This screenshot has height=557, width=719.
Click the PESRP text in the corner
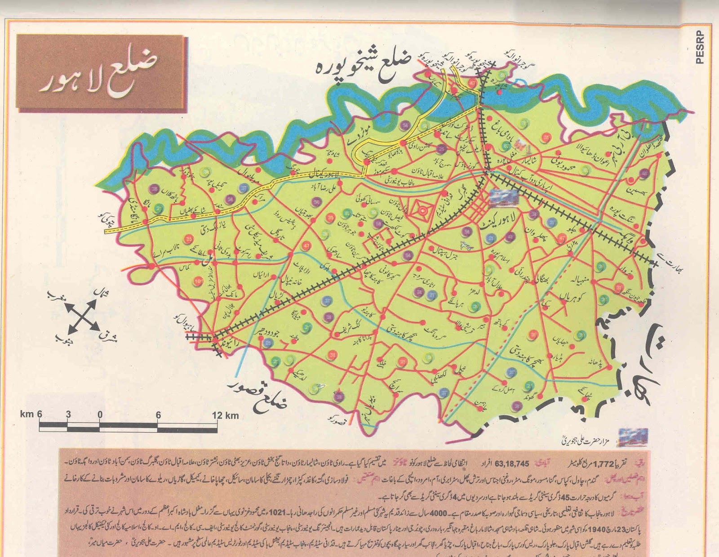pyautogui.click(x=700, y=47)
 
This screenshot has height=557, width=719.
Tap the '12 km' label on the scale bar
pyautogui.click(x=225, y=415)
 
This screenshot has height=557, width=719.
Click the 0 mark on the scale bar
pyautogui.click(x=100, y=414)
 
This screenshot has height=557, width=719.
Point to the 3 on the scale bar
pyautogui.click(x=68, y=414)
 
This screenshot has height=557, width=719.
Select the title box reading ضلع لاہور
pyautogui.click(x=101, y=73)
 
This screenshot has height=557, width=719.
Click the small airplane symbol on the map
pyautogui.click(x=466, y=245)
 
